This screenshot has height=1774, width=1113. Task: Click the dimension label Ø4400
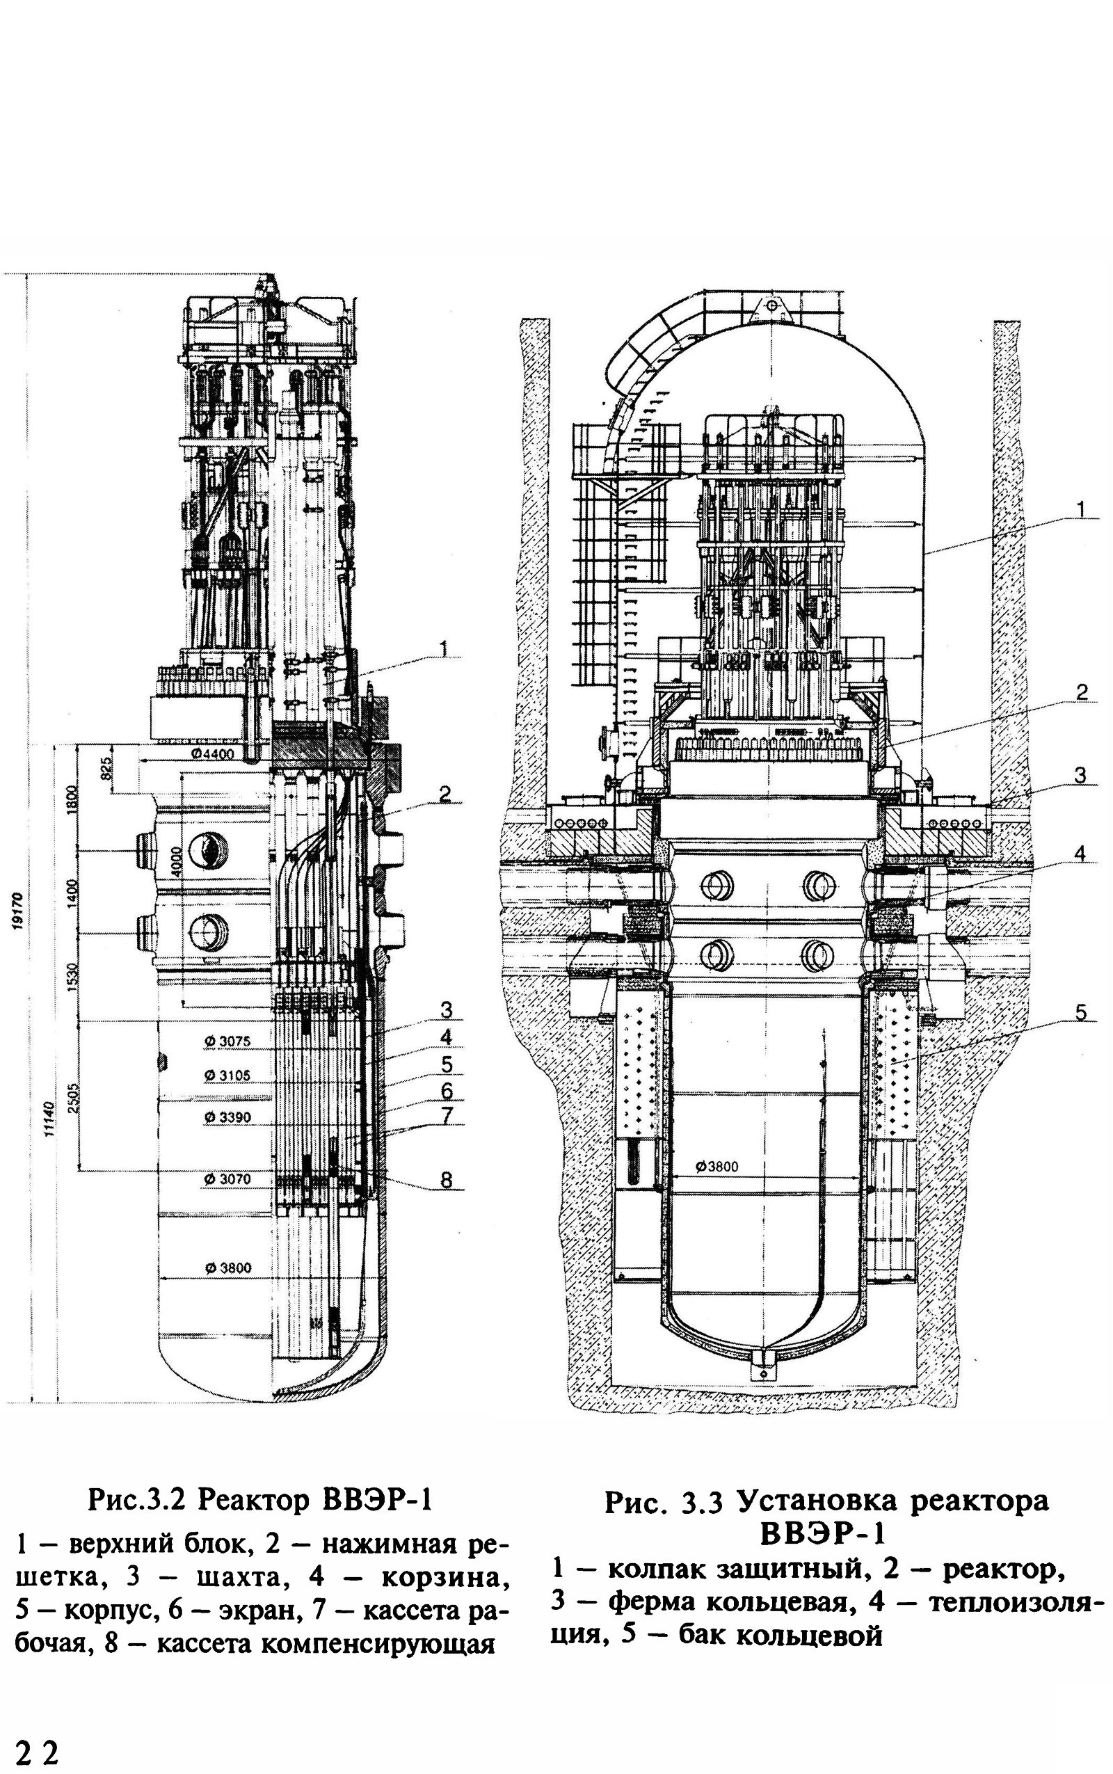[x=211, y=753]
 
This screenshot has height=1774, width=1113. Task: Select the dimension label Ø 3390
[x=228, y=1117]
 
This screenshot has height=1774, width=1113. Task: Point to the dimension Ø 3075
[x=228, y=1041]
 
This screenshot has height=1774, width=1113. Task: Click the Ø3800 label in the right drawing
[x=716, y=1167]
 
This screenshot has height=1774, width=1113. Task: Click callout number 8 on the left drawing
[x=446, y=1180]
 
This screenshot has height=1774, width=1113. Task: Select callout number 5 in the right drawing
[x=1080, y=1013]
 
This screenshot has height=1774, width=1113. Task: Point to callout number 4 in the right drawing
[x=1079, y=853]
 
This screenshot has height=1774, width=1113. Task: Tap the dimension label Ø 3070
[x=228, y=1179]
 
